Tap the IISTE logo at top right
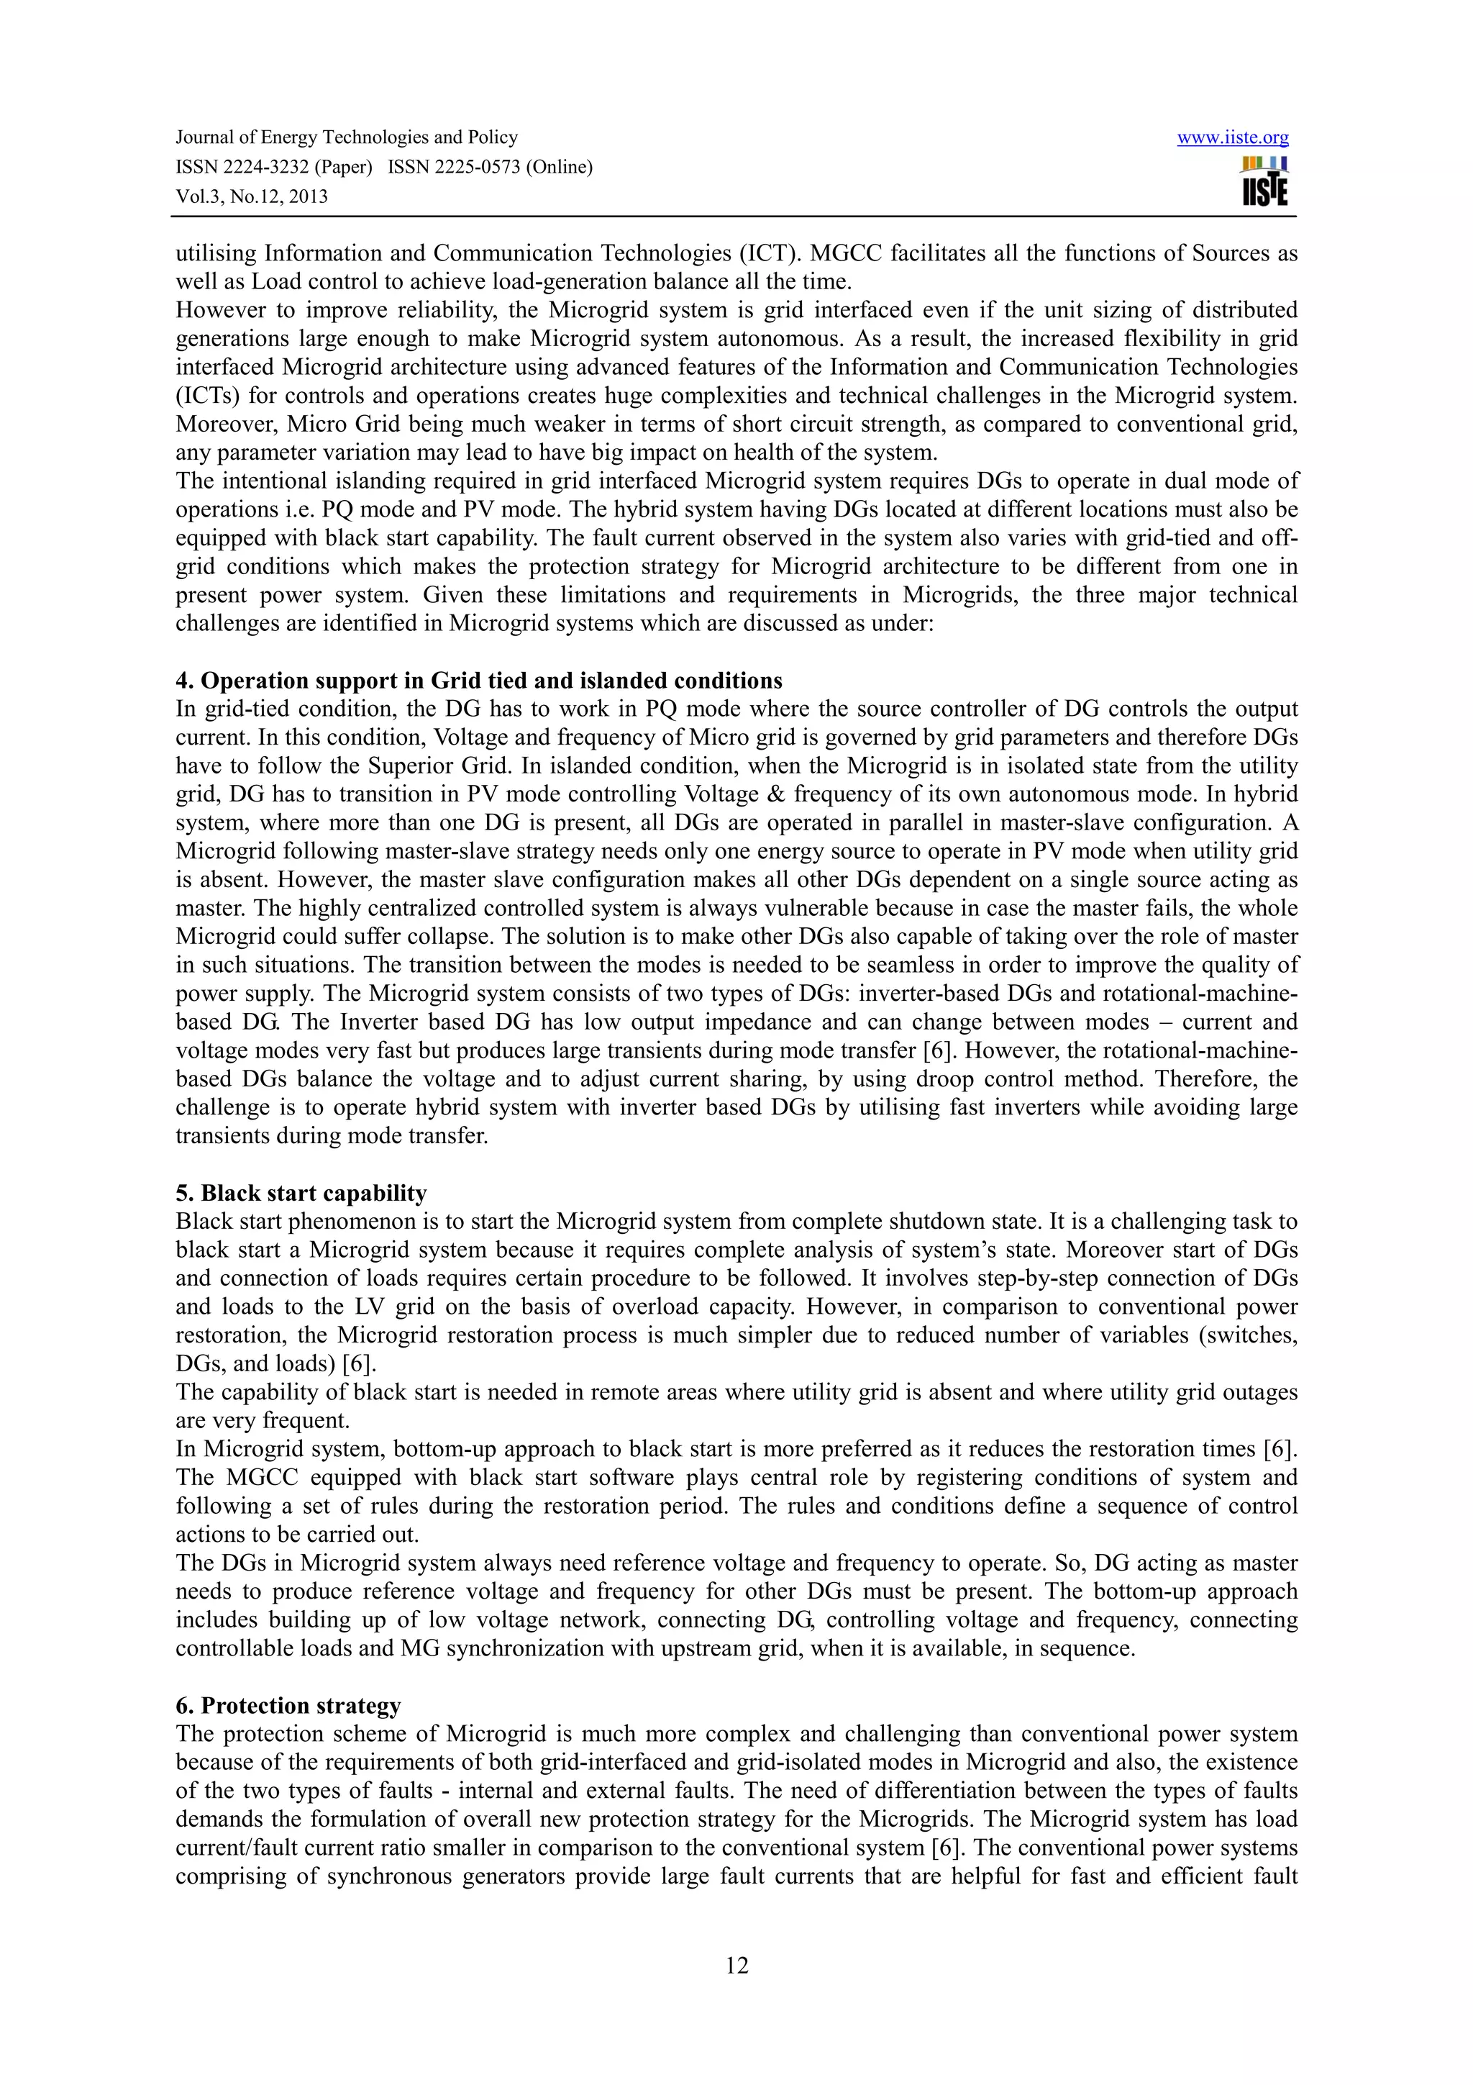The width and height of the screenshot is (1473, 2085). tap(1264, 181)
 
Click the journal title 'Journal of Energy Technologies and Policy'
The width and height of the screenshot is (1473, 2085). tap(346, 137)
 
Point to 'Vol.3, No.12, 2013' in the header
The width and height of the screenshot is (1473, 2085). tap(252, 196)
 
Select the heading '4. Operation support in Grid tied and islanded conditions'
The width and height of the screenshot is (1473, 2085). tap(478, 680)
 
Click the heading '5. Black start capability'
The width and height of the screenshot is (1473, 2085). tap(301, 1192)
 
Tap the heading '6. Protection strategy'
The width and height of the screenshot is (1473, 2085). tap(288, 1705)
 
